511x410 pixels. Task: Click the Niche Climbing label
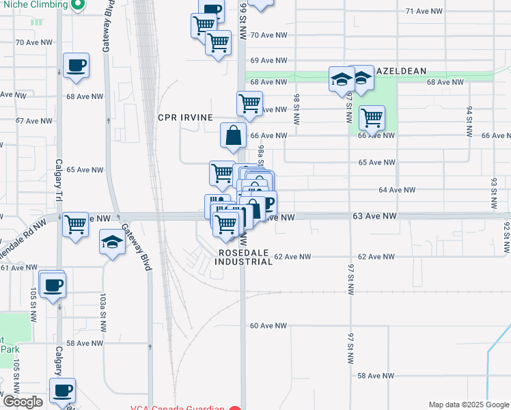34,4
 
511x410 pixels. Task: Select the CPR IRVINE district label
185,118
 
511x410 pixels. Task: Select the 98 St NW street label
296,109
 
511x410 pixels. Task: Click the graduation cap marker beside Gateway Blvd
113,242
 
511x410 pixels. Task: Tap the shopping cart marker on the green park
372,117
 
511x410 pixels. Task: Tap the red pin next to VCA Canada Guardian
235,409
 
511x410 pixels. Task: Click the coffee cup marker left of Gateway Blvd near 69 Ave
76,66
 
